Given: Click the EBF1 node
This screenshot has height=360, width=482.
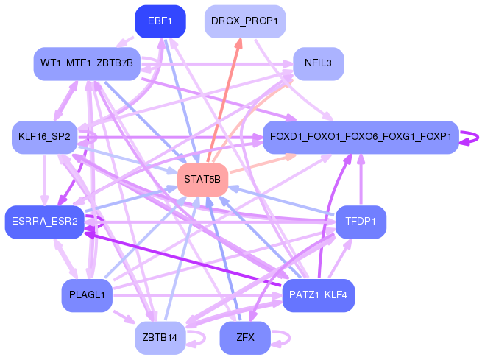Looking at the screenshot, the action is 160,21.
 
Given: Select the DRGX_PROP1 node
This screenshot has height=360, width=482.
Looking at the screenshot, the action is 245,21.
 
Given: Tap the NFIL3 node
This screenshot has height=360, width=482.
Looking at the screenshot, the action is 319,63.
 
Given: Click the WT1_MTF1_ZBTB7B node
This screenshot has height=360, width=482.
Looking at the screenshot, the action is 87,63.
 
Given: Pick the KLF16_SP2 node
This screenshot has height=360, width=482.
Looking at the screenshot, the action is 45,137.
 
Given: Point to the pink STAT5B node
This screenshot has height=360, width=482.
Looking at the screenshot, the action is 202,180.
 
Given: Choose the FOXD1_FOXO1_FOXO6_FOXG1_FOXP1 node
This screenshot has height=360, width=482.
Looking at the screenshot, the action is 361,137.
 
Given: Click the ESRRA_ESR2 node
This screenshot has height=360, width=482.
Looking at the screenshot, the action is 45,222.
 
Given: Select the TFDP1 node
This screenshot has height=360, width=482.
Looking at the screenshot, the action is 361,222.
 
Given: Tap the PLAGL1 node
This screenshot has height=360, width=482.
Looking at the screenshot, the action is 87,295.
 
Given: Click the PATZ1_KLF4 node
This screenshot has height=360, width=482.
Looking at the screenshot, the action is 319,295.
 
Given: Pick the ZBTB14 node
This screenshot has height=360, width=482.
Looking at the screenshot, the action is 160,338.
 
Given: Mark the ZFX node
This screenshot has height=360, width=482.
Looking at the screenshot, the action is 245,338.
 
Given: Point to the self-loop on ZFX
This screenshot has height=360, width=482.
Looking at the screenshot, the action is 289,338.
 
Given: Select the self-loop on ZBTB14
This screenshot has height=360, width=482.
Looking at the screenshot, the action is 204,338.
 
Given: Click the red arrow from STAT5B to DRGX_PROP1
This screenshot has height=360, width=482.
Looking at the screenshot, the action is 224,100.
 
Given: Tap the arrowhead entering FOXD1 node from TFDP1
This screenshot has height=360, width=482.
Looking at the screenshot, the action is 361,159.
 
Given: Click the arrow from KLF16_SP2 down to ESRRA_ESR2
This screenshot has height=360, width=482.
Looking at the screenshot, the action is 45,180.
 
